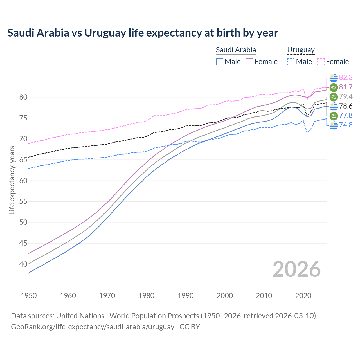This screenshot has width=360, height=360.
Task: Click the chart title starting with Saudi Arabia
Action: [143, 33]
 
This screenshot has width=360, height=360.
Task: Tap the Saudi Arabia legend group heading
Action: [236, 50]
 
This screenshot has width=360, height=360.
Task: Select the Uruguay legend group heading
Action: [301, 50]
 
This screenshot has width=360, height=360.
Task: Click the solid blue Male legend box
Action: [220, 62]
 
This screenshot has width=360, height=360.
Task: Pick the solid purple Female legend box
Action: [249, 62]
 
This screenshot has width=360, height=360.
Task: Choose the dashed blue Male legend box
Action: [291, 62]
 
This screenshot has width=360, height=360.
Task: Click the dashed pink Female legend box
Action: [321, 62]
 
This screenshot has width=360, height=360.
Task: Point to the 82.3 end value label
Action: [346, 77]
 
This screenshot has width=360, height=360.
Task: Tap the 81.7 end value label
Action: [346, 87]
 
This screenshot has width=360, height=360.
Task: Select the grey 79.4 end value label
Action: [346, 97]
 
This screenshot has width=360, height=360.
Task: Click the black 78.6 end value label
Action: [346, 106]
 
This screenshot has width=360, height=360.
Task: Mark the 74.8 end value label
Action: [346, 125]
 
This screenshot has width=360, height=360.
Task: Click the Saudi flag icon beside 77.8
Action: [334, 116]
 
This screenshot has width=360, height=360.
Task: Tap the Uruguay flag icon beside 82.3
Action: [334, 78]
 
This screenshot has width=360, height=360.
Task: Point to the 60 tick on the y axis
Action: [23, 181]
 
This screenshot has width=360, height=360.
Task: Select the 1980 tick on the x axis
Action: [146, 296]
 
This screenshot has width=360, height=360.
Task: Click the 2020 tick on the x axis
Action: [303, 296]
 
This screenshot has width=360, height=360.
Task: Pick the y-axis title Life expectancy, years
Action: [12, 180]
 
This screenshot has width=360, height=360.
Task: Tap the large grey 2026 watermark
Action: [296, 269]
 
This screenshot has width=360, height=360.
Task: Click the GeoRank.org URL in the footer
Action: [93, 327]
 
